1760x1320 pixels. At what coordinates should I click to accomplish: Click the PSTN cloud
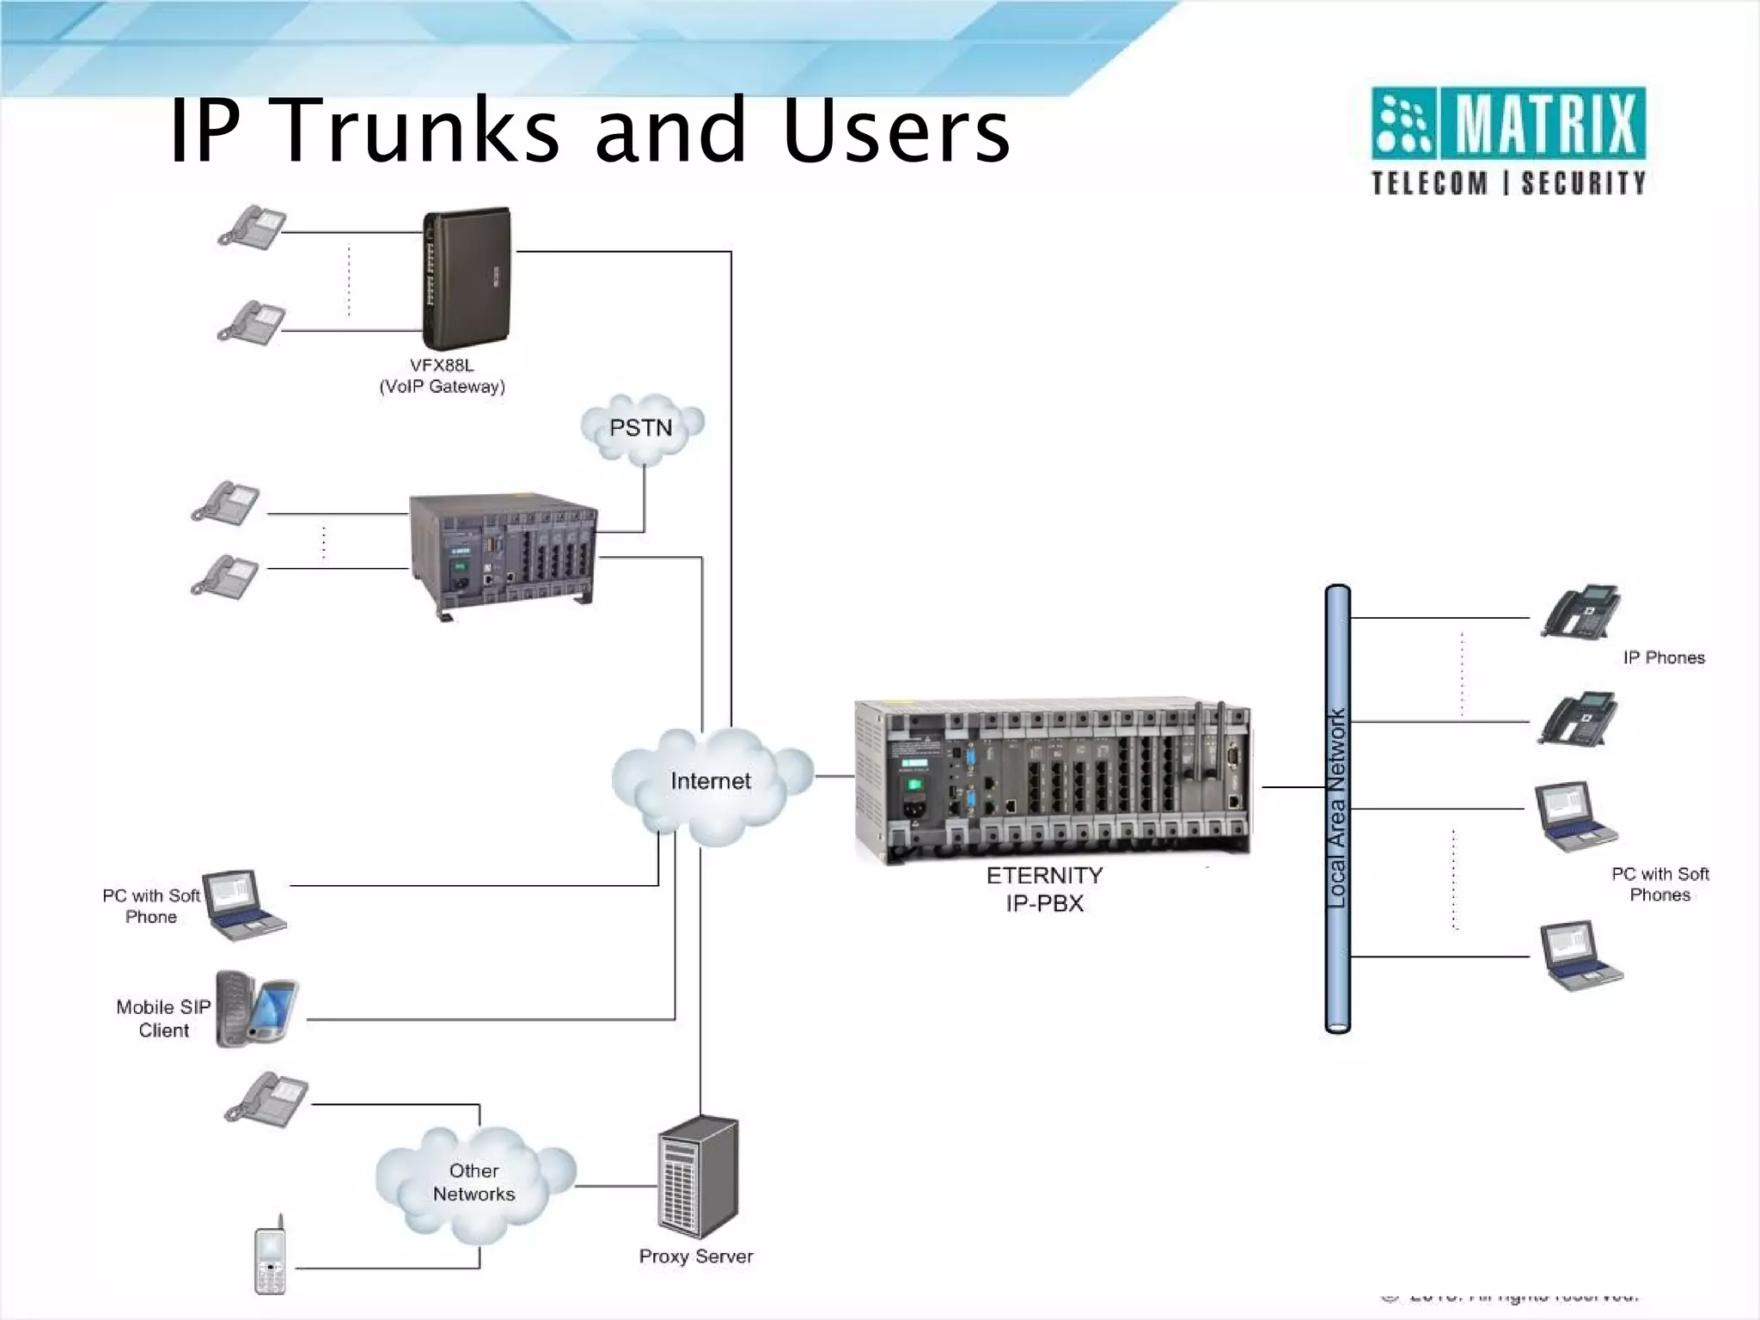(x=642, y=427)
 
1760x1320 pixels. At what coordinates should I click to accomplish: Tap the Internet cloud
(x=711, y=782)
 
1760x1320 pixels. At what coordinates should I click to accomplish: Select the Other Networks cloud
(x=474, y=1183)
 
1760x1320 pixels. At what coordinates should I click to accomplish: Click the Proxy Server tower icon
(x=698, y=1177)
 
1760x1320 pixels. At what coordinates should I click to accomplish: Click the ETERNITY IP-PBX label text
(x=1044, y=889)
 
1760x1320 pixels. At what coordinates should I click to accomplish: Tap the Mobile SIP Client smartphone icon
(x=256, y=1009)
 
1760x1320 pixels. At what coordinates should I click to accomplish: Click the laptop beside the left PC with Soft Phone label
(x=244, y=905)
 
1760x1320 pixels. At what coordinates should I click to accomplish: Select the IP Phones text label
(x=1663, y=658)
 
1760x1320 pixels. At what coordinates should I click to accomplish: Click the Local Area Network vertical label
(x=1337, y=808)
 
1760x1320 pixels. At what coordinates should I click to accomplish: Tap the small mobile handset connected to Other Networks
(x=270, y=1256)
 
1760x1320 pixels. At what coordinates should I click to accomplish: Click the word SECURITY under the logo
(x=1583, y=183)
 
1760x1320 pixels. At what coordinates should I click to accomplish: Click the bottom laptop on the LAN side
(x=1580, y=956)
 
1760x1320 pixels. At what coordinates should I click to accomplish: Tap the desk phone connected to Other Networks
(x=266, y=1099)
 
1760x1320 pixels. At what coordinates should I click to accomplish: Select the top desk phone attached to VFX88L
(x=252, y=227)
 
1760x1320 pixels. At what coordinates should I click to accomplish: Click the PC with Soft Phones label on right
(x=1659, y=884)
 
